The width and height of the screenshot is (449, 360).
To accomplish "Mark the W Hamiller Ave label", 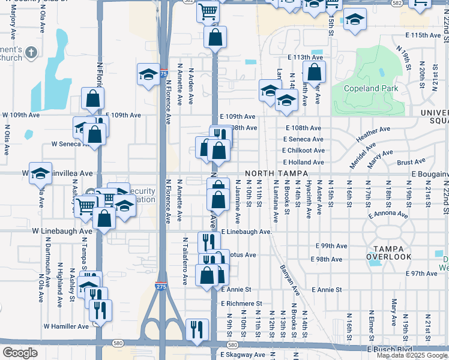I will (66, 326).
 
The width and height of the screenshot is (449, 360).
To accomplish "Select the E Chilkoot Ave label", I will (304, 151).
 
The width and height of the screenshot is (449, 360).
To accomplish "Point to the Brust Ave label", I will (411, 162).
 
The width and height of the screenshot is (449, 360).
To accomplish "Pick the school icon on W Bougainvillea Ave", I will (40, 173).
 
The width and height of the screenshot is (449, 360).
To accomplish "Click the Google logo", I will (20, 353).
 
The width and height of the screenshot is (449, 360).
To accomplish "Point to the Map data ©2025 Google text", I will (412, 355).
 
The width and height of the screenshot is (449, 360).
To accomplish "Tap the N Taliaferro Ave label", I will (185, 259).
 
